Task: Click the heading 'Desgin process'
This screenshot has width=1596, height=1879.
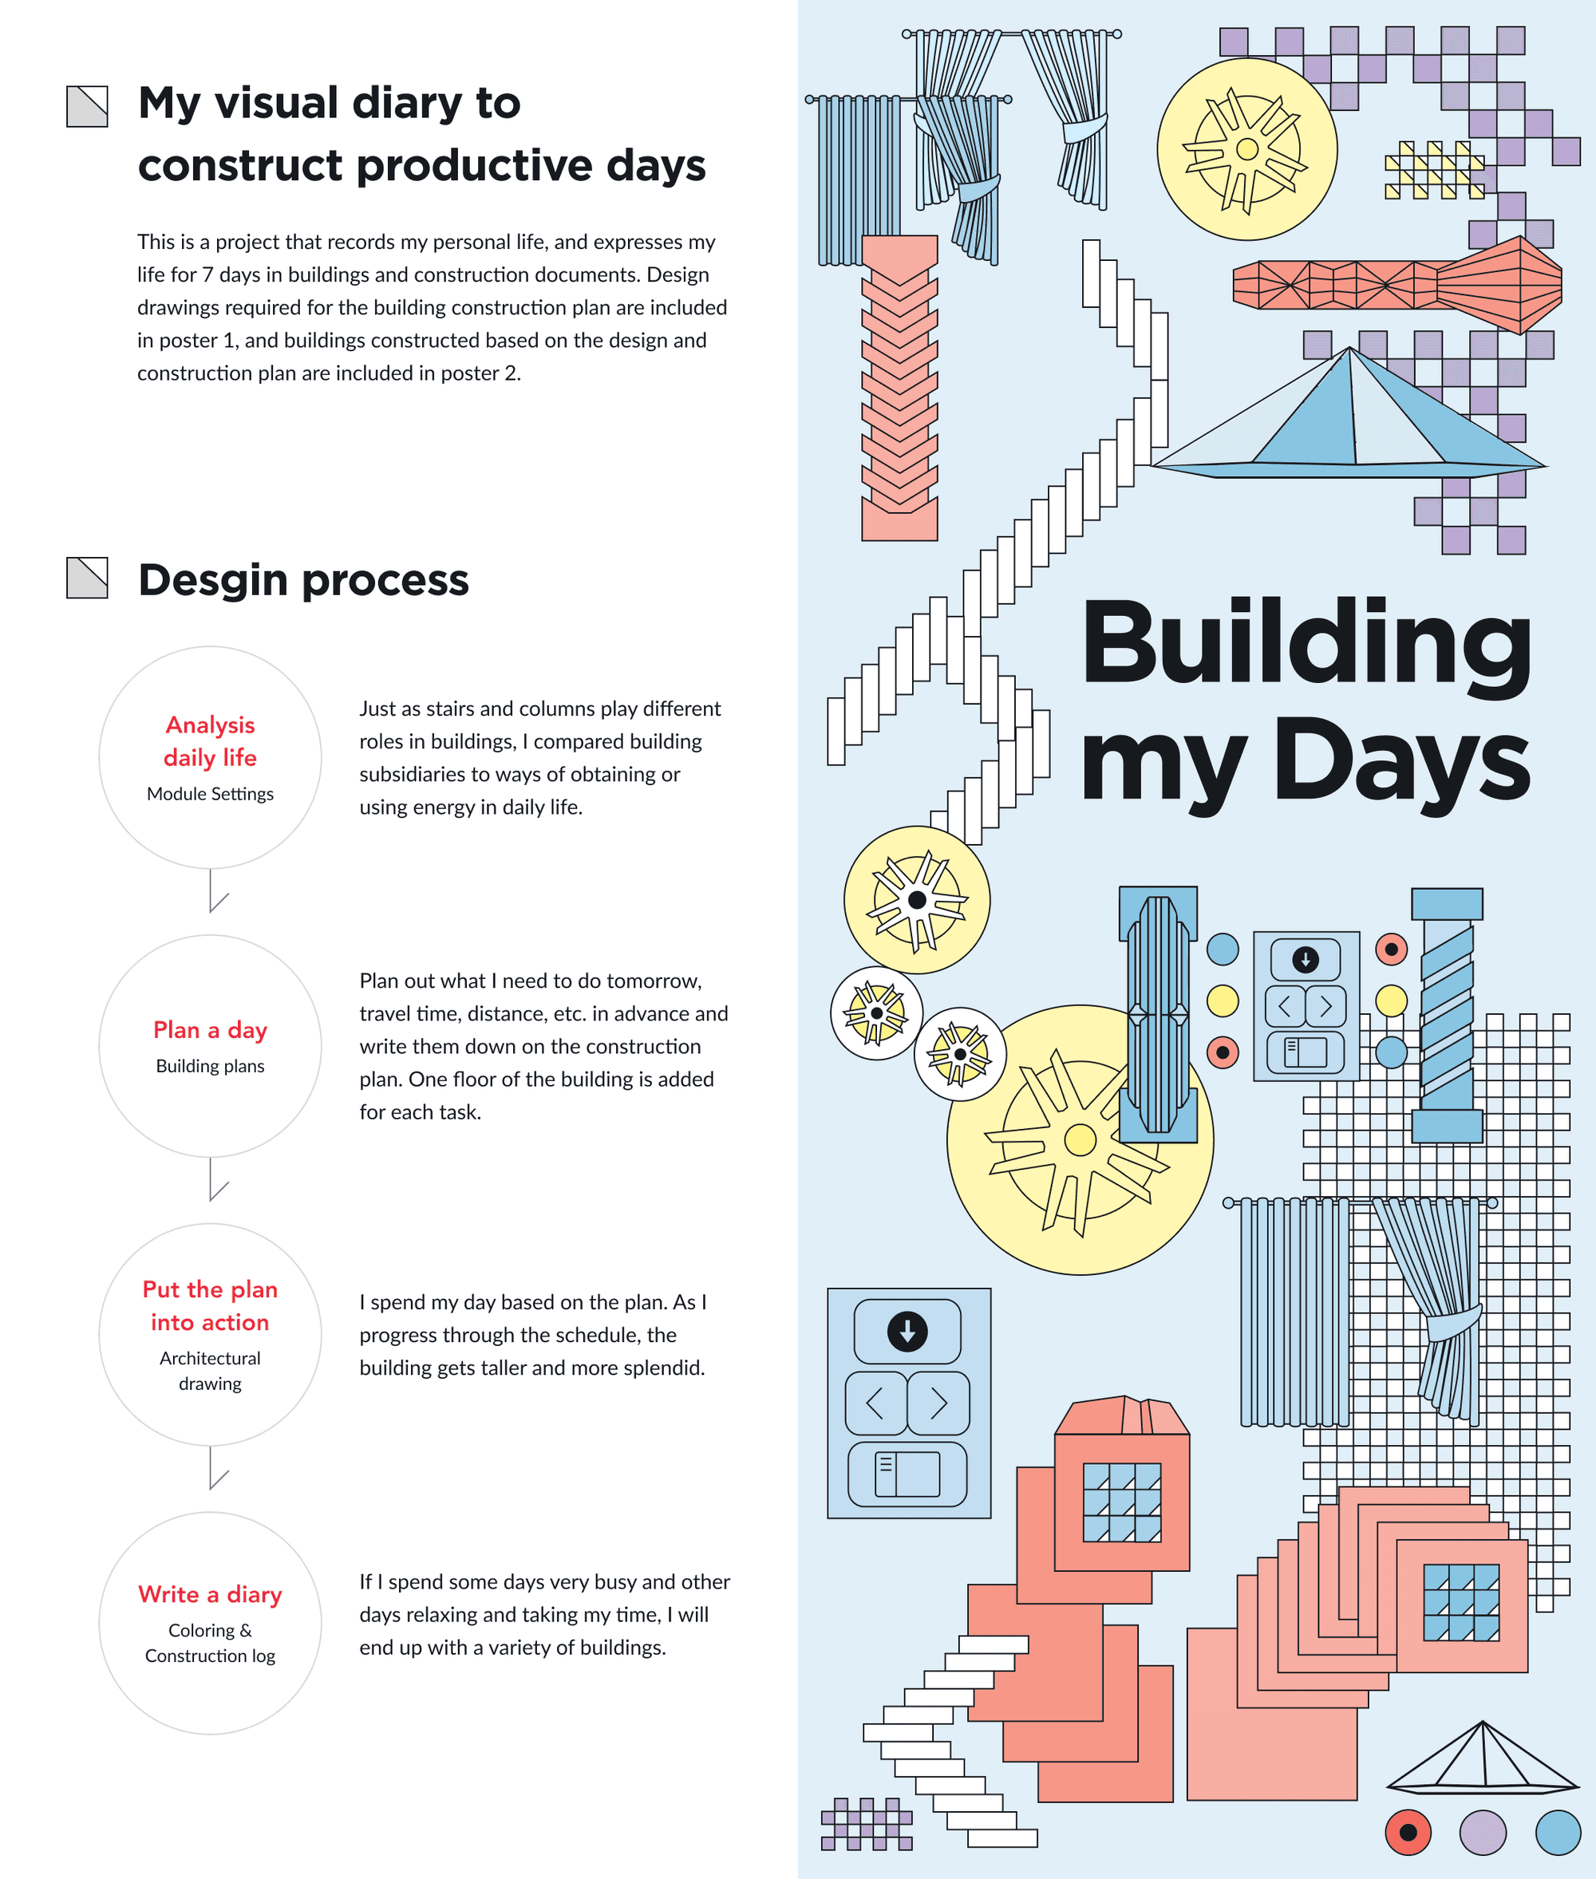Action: click(x=303, y=580)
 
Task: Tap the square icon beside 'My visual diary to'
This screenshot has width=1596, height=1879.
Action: click(x=87, y=107)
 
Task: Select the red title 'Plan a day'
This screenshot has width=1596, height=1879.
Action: click(x=210, y=1029)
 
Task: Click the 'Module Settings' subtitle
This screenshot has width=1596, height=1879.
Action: click(x=210, y=793)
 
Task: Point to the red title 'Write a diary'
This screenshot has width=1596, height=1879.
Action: click(x=210, y=1594)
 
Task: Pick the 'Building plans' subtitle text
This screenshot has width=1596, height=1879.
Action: click(x=210, y=1066)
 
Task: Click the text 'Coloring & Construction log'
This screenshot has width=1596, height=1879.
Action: click(x=210, y=1643)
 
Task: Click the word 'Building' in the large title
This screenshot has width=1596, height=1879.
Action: click(x=1306, y=647)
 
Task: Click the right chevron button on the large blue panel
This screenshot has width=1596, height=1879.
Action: click(x=938, y=1403)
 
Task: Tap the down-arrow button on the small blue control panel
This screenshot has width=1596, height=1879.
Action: click(x=1305, y=959)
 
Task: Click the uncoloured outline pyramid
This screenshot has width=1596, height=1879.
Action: click(x=1481, y=1759)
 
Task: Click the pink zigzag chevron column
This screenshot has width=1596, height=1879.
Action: click(x=899, y=389)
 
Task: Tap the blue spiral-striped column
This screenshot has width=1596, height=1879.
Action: click(x=1447, y=1013)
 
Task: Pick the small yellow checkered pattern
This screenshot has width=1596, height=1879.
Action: click(x=1433, y=170)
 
